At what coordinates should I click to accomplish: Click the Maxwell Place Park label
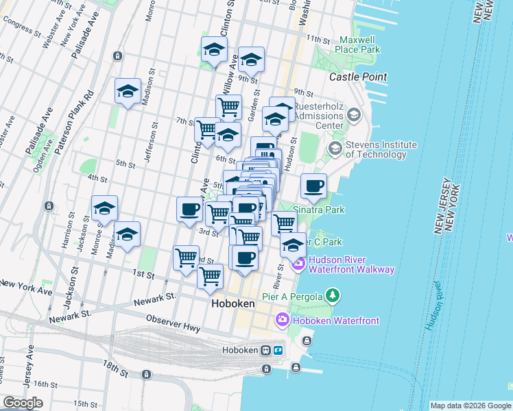click(x=358, y=45)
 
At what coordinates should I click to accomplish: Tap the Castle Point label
click(x=358, y=77)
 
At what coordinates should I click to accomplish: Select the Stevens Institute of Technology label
click(x=381, y=149)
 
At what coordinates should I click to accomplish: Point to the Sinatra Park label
click(x=319, y=210)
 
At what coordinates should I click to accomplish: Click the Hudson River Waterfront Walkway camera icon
click(x=299, y=264)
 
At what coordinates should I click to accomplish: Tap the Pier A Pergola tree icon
click(x=333, y=295)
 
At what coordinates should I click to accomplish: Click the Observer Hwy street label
click(x=173, y=323)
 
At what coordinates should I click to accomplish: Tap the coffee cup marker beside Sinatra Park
click(x=313, y=186)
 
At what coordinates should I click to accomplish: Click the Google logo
click(x=23, y=403)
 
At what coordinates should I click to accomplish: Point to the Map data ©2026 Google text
click(x=470, y=406)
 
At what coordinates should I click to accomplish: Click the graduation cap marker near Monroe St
click(x=104, y=209)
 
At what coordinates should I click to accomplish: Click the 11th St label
click(x=319, y=38)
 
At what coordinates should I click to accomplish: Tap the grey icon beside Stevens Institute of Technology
click(x=336, y=149)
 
